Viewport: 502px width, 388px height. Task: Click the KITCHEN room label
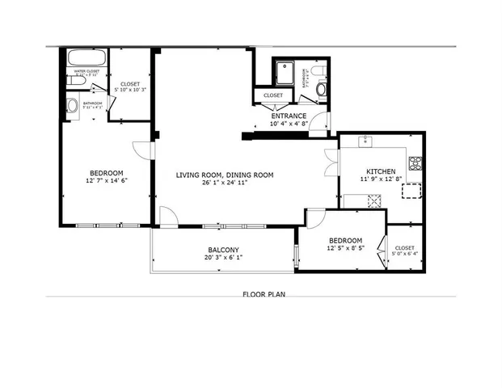point(381,171)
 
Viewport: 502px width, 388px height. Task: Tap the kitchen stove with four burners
point(416,162)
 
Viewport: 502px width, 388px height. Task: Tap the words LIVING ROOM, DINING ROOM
point(225,175)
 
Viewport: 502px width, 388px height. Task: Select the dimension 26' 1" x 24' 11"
point(225,183)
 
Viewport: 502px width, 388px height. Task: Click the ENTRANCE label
point(288,116)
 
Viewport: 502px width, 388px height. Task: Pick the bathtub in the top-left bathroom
point(82,59)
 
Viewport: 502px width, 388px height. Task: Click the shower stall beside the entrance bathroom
point(285,72)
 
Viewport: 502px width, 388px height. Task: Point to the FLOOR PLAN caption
point(263,294)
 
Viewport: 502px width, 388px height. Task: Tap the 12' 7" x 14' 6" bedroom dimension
point(106,181)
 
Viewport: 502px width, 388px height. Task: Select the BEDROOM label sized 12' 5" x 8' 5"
point(344,240)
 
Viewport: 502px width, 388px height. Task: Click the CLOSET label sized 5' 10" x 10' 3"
point(130,84)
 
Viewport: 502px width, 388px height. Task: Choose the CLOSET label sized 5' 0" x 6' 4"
point(404,248)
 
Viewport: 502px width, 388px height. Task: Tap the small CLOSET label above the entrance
point(272,96)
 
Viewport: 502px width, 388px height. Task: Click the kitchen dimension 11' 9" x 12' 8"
point(381,179)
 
